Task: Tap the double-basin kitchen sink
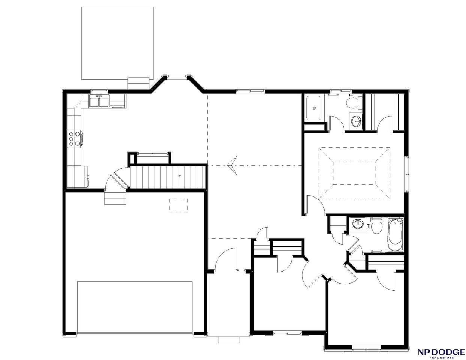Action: (x=99, y=102)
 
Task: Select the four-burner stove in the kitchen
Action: (x=74, y=139)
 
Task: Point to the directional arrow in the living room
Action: (x=233, y=165)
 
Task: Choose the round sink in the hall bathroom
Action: (x=358, y=224)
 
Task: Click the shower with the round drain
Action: (x=314, y=108)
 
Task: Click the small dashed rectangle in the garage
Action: (x=179, y=205)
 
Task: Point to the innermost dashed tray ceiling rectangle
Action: (x=355, y=173)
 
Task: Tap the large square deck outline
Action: (x=117, y=43)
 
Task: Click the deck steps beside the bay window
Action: (x=138, y=83)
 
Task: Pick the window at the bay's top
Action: (x=177, y=76)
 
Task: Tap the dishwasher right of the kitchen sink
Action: (x=117, y=101)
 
